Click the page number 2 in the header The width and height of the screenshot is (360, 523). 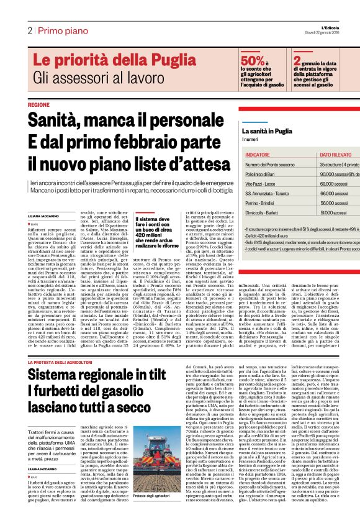pyautogui.click(x=29, y=30)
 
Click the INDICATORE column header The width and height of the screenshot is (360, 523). pyautogui.click(x=261, y=153)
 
